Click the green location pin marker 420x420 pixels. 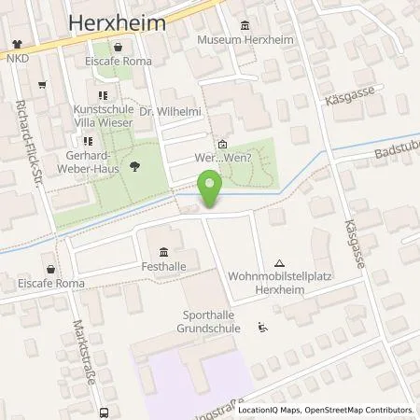click(x=212, y=189)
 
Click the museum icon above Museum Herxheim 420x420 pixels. click(x=245, y=25)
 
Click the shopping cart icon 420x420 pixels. click(x=42, y=85)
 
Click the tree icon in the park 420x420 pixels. click(x=111, y=167)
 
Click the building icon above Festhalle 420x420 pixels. click(x=165, y=252)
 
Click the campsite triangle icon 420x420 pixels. click(x=280, y=264)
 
